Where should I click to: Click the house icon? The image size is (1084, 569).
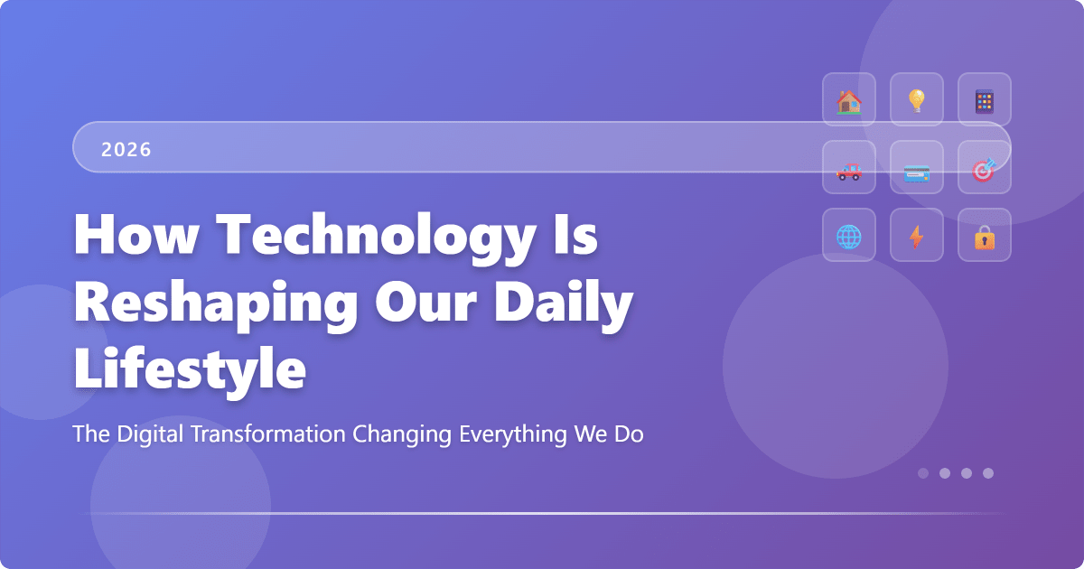coord(849,100)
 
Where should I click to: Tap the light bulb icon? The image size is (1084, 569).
coord(917,100)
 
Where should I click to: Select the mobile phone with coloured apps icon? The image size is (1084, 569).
coord(985,100)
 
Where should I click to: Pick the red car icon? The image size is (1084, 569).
coord(849,169)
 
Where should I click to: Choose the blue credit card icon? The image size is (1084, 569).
coord(917,169)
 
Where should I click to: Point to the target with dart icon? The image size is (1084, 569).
coord(985,169)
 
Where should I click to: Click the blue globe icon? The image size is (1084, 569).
coord(849,237)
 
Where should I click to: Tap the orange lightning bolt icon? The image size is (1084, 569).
coord(917,237)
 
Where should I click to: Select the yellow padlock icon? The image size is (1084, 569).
coord(985,237)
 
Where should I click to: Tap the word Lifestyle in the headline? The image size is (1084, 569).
coord(190,370)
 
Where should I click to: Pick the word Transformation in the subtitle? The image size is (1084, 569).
coord(270,434)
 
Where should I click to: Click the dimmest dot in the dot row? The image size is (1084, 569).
coord(923,472)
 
